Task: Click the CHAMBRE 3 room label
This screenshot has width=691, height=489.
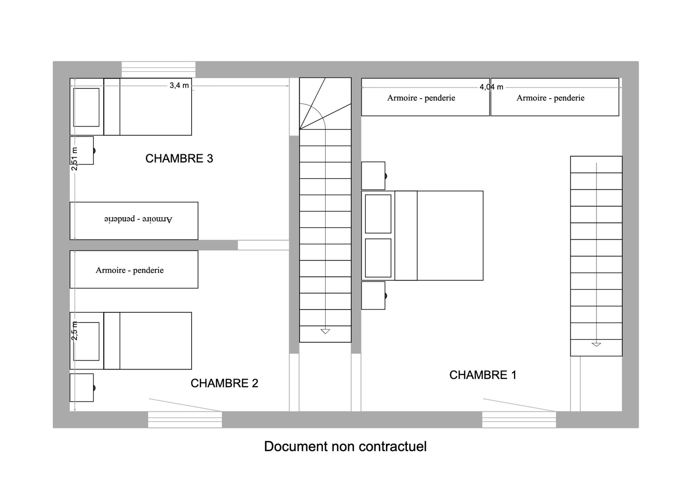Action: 179,159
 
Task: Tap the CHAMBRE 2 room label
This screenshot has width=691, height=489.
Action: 224,383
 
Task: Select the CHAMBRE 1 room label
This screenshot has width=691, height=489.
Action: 483,375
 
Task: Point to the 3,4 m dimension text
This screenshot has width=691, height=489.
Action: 179,85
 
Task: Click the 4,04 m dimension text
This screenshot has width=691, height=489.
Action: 491,87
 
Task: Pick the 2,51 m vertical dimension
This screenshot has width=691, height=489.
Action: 75,159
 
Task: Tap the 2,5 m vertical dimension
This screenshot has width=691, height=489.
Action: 75,331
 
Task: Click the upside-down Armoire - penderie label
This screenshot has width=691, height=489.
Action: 138,219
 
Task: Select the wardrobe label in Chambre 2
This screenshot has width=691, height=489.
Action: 130,270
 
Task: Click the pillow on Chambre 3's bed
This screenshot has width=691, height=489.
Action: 86,107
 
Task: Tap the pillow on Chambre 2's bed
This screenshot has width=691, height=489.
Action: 86,341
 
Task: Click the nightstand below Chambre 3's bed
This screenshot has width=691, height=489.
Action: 82,150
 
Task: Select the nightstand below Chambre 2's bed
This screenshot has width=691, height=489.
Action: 82,387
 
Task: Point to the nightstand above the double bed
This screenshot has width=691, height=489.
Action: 373,176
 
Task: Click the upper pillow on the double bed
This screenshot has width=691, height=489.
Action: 378,214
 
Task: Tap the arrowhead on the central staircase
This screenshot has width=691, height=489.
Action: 325,331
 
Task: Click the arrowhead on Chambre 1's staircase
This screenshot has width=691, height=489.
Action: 596,345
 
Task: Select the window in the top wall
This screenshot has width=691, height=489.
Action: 158,69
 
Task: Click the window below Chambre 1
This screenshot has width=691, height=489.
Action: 519,420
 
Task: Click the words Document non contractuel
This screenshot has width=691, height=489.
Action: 345,446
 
